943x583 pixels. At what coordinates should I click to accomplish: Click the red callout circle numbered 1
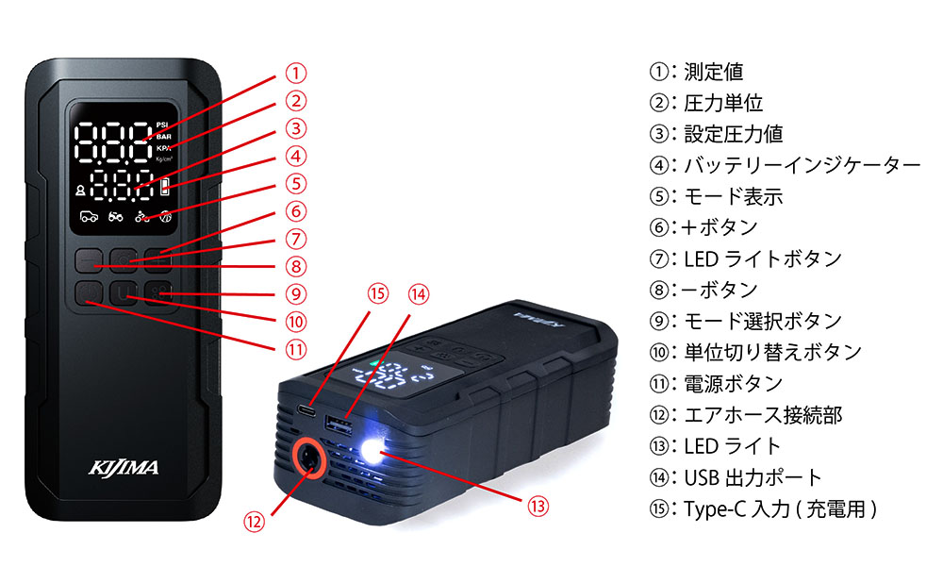[x=295, y=74]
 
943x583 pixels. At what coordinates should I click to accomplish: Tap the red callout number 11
[x=295, y=350]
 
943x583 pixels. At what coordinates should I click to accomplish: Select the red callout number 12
[x=255, y=522]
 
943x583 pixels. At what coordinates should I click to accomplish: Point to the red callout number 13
[x=538, y=506]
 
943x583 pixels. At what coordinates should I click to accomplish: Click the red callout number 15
[x=378, y=294]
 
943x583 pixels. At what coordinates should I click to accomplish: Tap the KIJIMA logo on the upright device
[x=124, y=468]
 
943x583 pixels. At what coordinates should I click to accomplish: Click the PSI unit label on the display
[x=162, y=125]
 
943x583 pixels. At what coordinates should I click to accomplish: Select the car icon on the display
[x=89, y=216]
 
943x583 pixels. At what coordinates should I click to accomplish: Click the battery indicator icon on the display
[x=165, y=187]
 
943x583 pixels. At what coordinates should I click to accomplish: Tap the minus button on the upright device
[x=89, y=260]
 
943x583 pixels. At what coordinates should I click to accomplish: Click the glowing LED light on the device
[x=372, y=451]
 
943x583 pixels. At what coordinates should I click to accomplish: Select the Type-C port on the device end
[x=307, y=411]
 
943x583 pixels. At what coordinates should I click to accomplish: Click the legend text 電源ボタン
[x=733, y=383]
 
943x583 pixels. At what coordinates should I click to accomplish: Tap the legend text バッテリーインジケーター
[x=802, y=165]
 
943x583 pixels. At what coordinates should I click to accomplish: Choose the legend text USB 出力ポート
[x=753, y=477]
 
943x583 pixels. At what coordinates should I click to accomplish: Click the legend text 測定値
[x=713, y=72]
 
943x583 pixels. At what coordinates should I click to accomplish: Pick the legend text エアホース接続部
[x=763, y=414]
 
